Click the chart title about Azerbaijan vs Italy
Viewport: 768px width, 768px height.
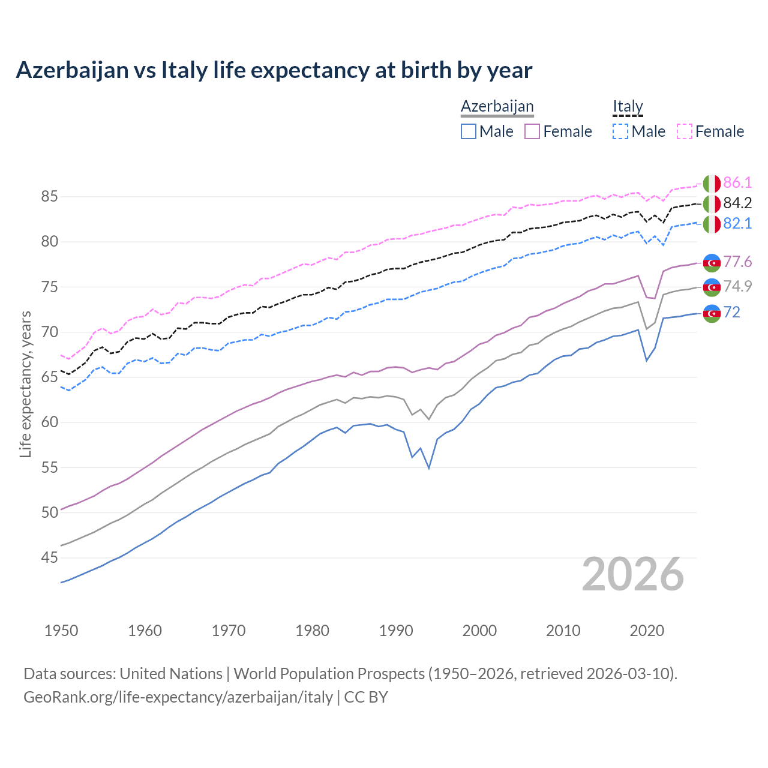point(274,70)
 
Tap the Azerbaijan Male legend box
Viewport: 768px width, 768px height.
point(469,131)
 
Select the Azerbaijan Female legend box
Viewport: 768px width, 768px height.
point(532,131)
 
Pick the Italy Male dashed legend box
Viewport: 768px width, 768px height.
point(620,131)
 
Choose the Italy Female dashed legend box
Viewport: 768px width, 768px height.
point(684,131)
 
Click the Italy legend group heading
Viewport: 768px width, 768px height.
point(628,107)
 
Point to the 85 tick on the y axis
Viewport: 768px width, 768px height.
point(50,196)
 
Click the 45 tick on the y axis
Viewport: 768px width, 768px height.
point(50,558)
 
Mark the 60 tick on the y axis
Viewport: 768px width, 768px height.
point(50,422)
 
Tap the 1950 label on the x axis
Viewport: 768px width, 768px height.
point(61,631)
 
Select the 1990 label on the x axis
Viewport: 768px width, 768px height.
point(396,631)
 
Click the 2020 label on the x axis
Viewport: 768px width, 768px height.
point(647,631)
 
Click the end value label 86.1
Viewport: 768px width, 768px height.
point(737,183)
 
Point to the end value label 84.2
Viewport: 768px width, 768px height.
point(737,203)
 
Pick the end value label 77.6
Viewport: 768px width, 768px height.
point(737,262)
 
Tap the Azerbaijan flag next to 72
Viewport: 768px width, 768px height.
point(712,313)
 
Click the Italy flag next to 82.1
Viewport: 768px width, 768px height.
point(712,224)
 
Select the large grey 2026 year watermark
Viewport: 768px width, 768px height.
point(633,575)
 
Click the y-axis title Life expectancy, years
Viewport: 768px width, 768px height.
point(26,384)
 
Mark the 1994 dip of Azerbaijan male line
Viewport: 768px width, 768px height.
point(429,468)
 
